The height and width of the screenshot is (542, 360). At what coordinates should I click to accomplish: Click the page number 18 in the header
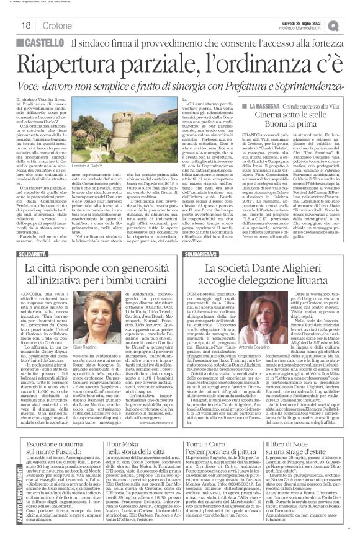tap(29, 25)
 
